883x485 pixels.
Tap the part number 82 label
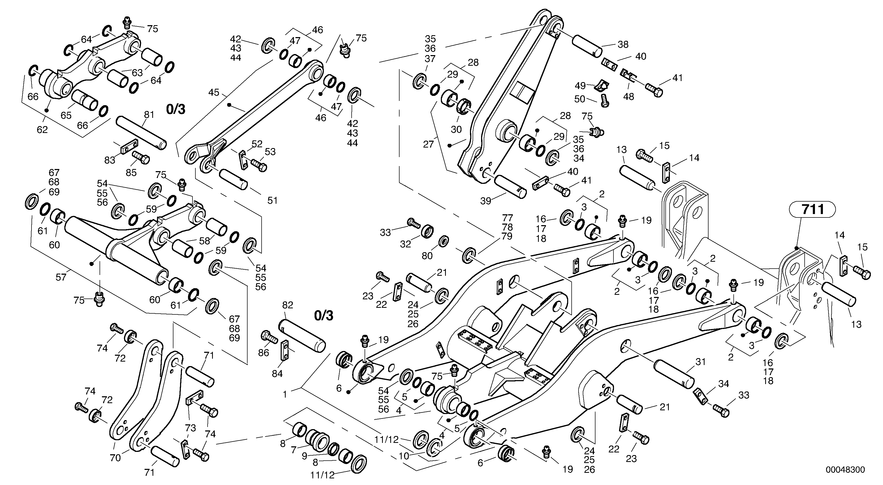coord(288,305)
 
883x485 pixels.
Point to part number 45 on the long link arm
coord(214,93)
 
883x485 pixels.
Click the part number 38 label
coord(623,44)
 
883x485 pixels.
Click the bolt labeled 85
coord(141,158)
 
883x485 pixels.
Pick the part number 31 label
coord(700,362)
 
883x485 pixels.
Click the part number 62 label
coord(42,130)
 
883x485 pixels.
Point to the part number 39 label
coord(485,201)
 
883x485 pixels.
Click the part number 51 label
coord(272,200)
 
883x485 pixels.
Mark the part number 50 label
coord(579,99)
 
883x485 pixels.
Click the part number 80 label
coord(427,256)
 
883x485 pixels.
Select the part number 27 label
coord(428,144)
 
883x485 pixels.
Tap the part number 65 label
coord(66,115)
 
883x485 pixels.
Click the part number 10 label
coord(404,456)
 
